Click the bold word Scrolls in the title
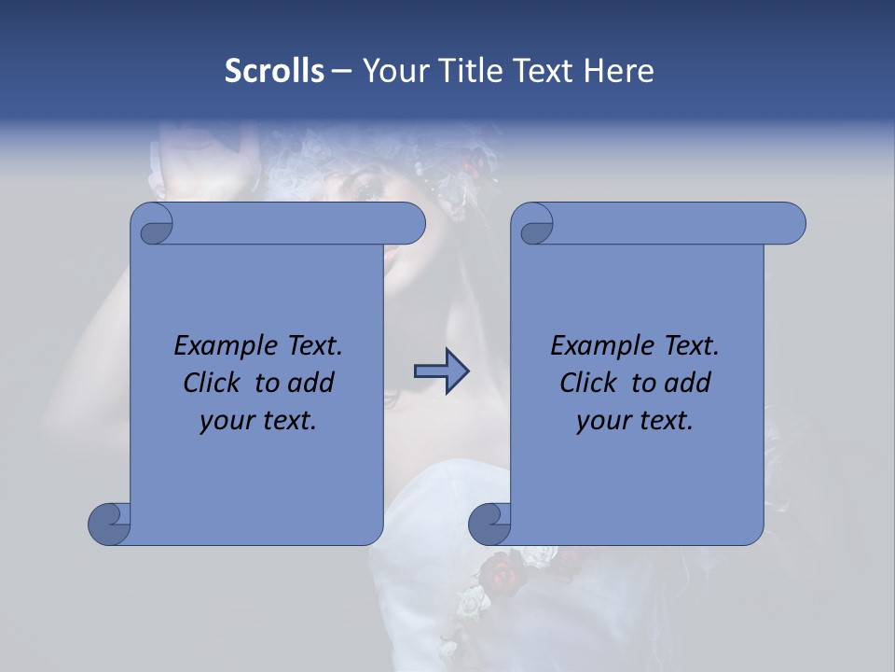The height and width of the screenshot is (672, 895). pyautogui.click(x=275, y=71)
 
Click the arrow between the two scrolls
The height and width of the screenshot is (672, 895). pyautogui.click(x=441, y=371)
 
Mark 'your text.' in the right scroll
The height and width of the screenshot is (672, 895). pyautogui.click(x=635, y=420)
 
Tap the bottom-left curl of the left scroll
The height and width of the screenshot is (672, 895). pyautogui.click(x=109, y=524)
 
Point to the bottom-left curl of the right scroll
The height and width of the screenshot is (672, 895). pyautogui.click(x=489, y=524)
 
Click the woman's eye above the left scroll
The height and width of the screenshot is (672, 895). pyautogui.click(x=365, y=190)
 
